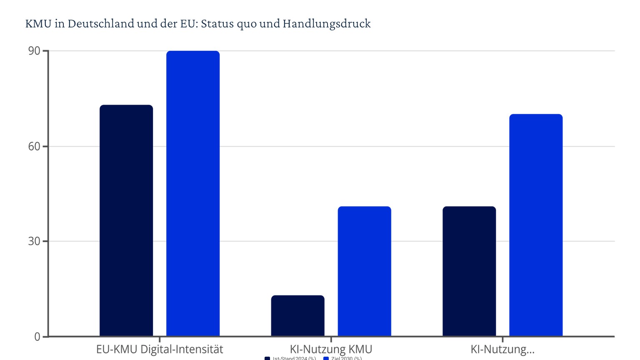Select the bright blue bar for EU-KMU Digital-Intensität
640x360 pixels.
pos(193,193)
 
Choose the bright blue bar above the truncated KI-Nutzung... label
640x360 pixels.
pos(536,225)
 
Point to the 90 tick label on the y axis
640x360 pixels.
pos(34,51)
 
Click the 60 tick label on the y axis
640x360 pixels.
pos(34,146)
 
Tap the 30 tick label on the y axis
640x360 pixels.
pos(34,241)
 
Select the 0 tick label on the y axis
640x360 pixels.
pos(37,337)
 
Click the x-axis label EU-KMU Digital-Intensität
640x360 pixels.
pos(160,349)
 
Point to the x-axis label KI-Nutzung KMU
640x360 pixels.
pos(331,349)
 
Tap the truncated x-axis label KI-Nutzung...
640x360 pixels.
pos(502,349)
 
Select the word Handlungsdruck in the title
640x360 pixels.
pos(327,24)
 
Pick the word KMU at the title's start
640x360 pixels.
pos(38,24)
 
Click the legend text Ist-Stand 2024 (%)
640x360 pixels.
pos(294,358)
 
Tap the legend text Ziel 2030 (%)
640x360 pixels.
pos(346,358)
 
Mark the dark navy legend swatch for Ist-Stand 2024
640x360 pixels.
pos(267,358)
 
